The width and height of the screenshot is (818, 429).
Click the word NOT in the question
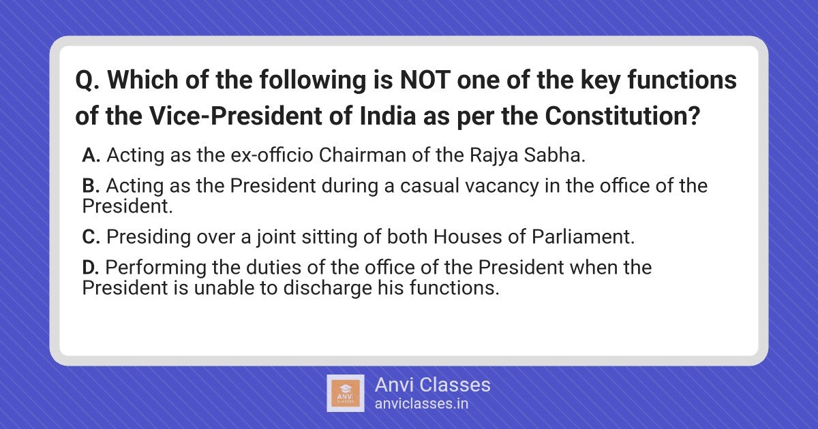click(x=425, y=80)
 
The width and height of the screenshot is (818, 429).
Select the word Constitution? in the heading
click(x=622, y=116)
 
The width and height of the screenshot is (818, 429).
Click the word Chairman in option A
click(x=363, y=155)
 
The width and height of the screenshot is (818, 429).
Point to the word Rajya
click(x=494, y=156)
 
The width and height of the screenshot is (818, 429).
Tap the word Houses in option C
click(x=468, y=237)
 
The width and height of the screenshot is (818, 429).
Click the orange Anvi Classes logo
click(x=346, y=394)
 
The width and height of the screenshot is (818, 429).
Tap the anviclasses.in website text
click(x=421, y=404)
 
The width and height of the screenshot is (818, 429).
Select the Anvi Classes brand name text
click(x=433, y=385)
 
